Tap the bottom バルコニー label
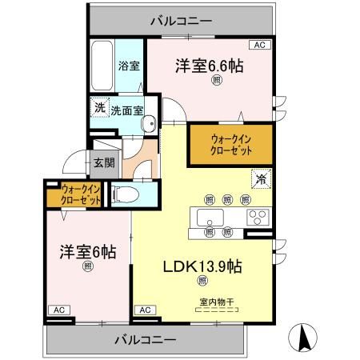[147, 339]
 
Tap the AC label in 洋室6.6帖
[259, 45]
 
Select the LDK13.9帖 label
[204, 265]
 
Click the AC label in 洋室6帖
[58, 309]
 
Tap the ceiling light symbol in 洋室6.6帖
[216, 80]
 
